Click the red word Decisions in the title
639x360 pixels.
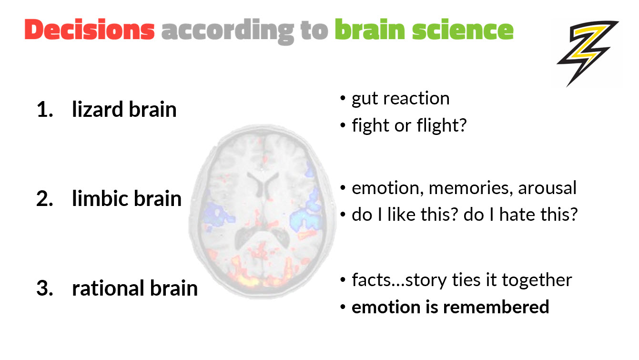pyautogui.click(x=90, y=30)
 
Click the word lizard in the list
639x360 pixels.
pyautogui.click(x=97, y=110)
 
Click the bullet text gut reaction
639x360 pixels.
pyautogui.click(x=400, y=99)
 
